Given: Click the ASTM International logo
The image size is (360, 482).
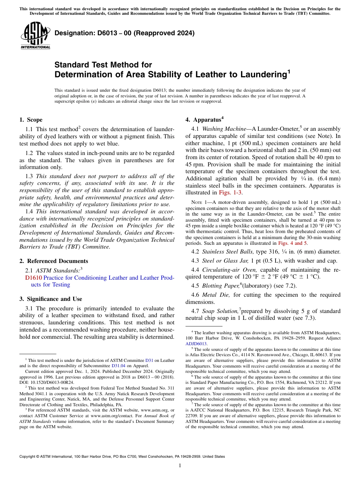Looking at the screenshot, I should coord(35,36).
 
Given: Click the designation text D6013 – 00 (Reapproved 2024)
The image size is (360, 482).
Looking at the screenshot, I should coord(124,33).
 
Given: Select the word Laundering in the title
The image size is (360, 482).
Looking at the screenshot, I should coord(257,74).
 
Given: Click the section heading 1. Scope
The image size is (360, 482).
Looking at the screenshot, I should coord(31,120).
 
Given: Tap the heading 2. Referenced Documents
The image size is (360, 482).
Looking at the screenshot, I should coord(53,261).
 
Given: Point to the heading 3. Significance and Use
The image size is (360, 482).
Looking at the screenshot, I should coord(50,299).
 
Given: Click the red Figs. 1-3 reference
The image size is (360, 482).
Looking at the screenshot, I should coord(230,193).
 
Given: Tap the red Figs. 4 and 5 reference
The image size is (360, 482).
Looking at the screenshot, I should coord(293,243).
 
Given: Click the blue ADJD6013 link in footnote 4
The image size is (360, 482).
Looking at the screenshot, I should coord(196,344).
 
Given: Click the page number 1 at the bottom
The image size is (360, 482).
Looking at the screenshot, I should coord(180,466).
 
